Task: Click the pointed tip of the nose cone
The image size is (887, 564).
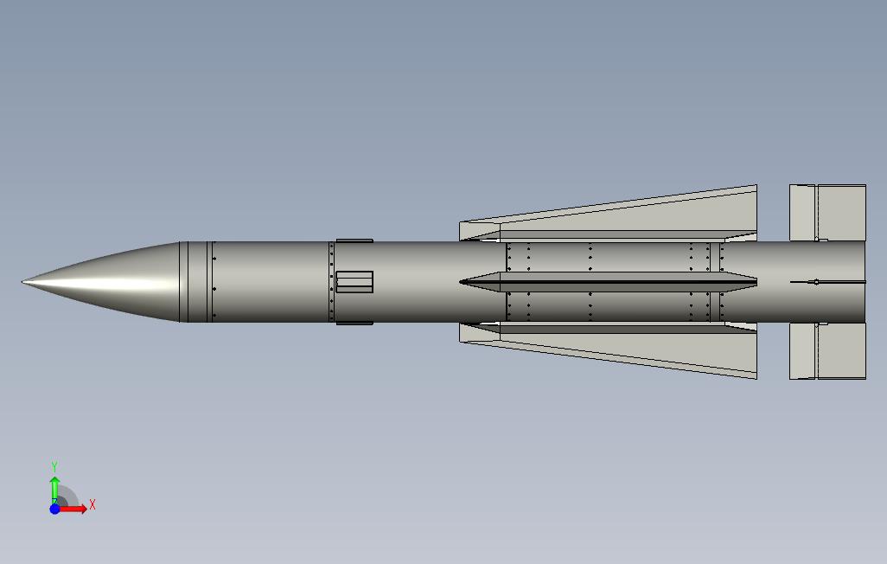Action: pos(24,281)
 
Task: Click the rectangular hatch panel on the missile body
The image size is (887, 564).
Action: pos(354,282)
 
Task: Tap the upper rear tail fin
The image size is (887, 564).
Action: pos(828,212)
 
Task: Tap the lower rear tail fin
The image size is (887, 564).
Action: pos(828,351)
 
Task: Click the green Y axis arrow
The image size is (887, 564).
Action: pos(54,484)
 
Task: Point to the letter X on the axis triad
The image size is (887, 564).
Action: pos(93,504)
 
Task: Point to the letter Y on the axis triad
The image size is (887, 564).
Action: pos(54,466)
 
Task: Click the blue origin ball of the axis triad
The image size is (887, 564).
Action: pos(54,509)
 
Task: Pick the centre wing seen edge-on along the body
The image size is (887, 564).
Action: pos(605,281)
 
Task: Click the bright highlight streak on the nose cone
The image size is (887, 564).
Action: pos(104,278)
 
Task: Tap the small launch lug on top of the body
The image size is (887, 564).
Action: pos(354,240)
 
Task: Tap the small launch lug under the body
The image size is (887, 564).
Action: pos(354,323)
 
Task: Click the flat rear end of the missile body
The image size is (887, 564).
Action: pos(864,281)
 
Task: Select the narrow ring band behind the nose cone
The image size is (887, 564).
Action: pos(183,281)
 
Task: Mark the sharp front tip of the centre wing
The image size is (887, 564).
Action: pos(462,281)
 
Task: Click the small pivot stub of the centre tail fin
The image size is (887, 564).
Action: pos(816,281)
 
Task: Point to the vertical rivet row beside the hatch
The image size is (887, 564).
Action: pos(331,281)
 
